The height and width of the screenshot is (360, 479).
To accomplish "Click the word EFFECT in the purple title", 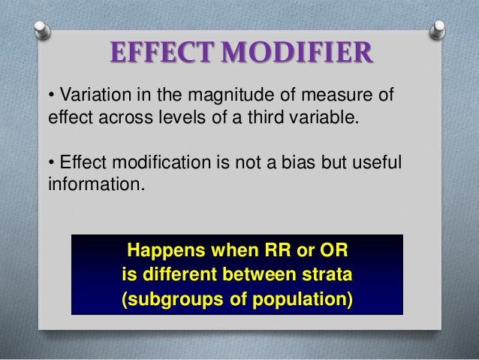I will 155,54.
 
